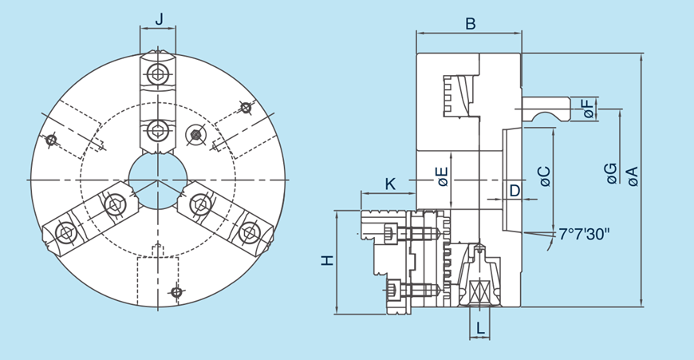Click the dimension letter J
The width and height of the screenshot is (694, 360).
coord(158,18)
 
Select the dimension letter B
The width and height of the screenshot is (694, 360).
coord(471,24)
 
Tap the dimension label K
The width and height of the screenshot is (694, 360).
coord(389,184)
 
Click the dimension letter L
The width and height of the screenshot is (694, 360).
coord(479,327)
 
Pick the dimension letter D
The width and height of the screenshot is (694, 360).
coord(515,190)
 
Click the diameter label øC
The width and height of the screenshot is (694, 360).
coord(545,176)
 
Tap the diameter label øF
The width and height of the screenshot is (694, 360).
coord(589,109)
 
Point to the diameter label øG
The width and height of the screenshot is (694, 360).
coord(610,173)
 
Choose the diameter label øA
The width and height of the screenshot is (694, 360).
coord(632,176)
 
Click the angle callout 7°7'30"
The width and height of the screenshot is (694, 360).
coord(584,234)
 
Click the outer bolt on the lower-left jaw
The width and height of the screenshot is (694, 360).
coord(64,233)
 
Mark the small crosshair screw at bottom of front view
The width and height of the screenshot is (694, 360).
coord(176,293)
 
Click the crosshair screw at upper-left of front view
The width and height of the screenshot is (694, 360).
coord(52,140)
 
